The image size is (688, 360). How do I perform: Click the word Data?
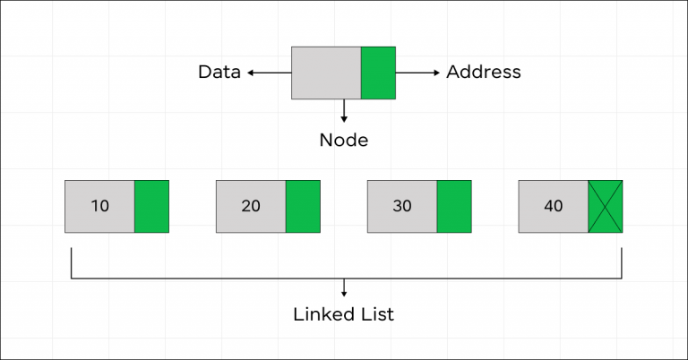coord(219,73)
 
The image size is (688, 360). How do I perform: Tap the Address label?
coord(483,73)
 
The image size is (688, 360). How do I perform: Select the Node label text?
coord(344,141)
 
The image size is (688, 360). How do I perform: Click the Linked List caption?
coord(344,314)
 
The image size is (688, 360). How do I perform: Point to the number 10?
coord(100,206)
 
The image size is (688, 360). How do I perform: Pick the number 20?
coord(251,206)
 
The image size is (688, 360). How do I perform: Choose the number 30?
coord(402,206)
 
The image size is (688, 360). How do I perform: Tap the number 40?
coord(554,206)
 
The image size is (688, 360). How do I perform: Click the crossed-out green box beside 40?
coord(606,206)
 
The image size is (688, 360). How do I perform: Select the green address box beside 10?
coord(151,206)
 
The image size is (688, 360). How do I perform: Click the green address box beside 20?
coord(303,206)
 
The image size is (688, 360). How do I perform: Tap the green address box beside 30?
coord(454,206)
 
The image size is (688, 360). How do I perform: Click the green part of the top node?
coord(378,73)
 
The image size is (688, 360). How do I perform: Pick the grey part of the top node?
coord(326,73)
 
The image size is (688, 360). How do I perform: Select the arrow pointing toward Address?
coord(417,73)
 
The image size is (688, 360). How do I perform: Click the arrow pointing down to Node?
coord(344,111)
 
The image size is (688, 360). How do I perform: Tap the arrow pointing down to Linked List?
coord(344,287)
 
